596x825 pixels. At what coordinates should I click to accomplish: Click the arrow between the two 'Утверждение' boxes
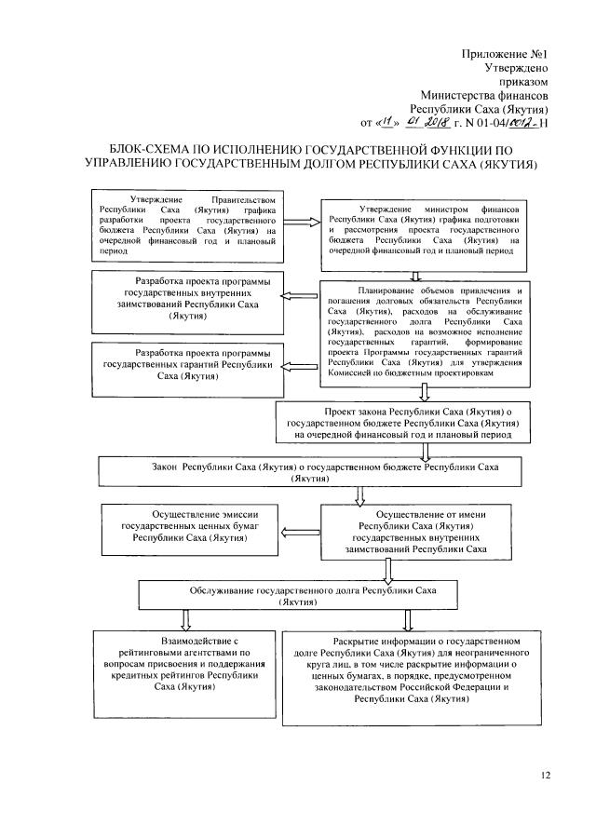pos(301,222)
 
